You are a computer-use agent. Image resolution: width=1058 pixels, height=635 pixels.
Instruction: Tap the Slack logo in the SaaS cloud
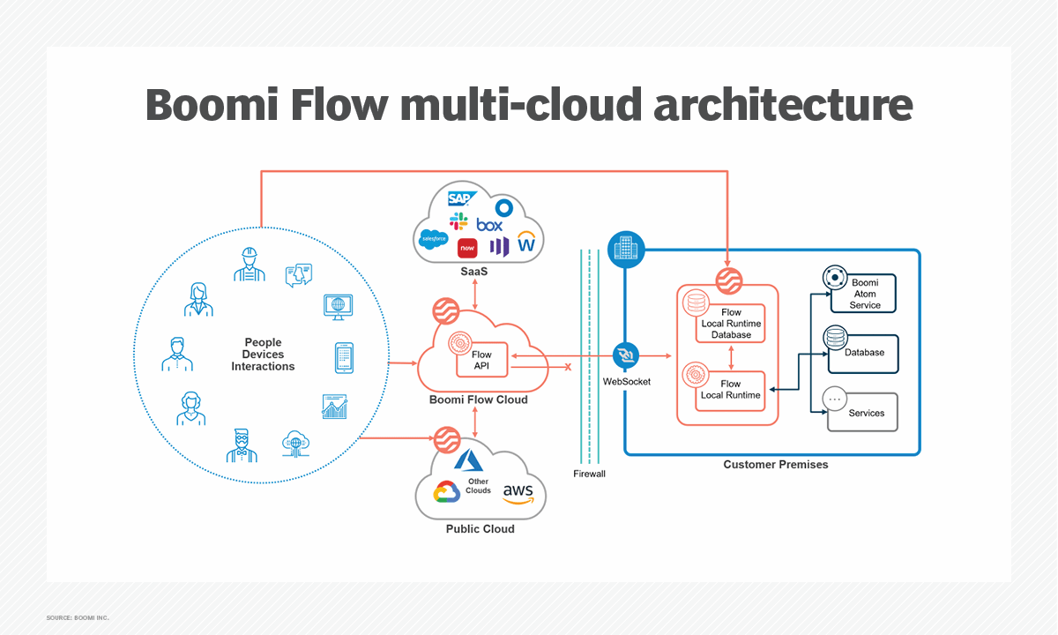coord(458,220)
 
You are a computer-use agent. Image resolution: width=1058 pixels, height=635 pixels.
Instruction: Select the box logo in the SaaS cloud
coord(489,225)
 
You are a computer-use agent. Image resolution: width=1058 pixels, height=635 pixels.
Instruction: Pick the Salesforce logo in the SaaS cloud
coord(433,238)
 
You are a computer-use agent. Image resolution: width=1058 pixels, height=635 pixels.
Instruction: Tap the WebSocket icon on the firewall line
coord(626,356)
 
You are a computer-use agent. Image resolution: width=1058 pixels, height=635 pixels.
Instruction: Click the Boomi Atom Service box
coord(863,293)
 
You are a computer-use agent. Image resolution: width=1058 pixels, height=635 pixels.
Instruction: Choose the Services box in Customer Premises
coord(862,412)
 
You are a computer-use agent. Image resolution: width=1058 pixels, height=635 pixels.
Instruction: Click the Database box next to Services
coord(862,353)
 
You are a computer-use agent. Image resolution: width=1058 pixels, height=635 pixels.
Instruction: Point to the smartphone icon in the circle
coord(343,357)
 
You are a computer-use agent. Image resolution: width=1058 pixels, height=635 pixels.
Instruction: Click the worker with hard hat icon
coord(250,264)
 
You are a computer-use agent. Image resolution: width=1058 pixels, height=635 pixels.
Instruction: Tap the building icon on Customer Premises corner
coord(626,250)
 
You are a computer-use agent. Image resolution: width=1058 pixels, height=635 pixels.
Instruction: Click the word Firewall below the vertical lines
coord(588,474)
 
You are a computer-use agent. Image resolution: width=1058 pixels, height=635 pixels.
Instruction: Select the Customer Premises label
coord(776,465)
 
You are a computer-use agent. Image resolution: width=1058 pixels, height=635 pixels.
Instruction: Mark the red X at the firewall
coord(568,367)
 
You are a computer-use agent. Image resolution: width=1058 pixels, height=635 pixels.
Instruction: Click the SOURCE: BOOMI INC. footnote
coord(78,617)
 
